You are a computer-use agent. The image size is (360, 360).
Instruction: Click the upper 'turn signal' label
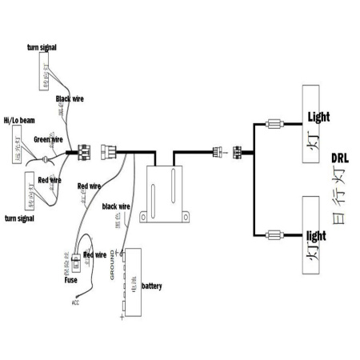tap(41, 48)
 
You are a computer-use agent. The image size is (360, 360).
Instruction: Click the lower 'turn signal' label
tap(20, 218)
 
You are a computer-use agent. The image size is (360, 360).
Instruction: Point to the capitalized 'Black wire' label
tap(70, 99)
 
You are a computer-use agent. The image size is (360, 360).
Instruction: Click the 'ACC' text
tap(75, 302)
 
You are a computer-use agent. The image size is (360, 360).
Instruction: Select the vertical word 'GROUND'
tap(111, 264)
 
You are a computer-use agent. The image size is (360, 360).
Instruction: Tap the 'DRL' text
tap(338, 158)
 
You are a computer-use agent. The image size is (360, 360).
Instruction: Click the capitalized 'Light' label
tap(318, 117)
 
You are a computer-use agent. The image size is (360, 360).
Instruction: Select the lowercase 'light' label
tap(318, 237)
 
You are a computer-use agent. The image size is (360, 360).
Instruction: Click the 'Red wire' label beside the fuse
tap(94, 255)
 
